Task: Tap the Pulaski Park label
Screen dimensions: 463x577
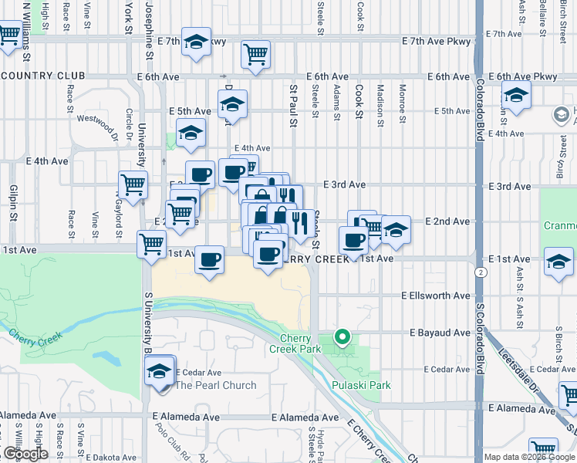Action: [x=361, y=385]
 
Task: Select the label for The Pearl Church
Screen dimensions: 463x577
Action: [x=216, y=385]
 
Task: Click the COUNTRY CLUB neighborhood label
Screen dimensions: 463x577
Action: [x=43, y=76]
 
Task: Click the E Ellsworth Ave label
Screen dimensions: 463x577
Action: [x=436, y=296]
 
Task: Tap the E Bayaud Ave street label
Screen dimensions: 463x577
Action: [x=439, y=333]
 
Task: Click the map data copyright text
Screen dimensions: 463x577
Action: [x=529, y=457]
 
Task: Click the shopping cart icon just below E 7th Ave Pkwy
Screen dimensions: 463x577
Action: [x=255, y=54]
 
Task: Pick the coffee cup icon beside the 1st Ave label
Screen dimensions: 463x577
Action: [x=209, y=259]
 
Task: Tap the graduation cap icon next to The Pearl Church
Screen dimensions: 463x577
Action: [x=160, y=370]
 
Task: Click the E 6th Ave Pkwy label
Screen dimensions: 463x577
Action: [x=528, y=77]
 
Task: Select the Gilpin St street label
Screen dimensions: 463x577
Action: [x=12, y=203]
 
